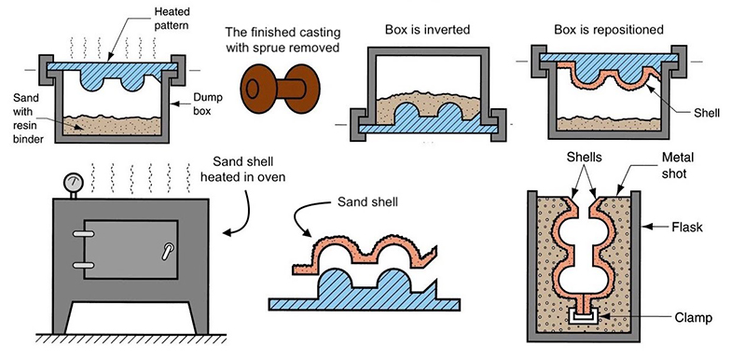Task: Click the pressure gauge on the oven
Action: [73, 181]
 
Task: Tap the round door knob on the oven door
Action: [167, 251]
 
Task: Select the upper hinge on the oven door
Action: [84, 233]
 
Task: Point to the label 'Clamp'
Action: [694, 318]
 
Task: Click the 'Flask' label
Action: [686, 228]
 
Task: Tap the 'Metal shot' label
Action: [677, 166]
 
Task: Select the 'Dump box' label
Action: [208, 104]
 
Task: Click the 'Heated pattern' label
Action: [172, 19]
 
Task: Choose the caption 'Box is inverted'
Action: [427, 30]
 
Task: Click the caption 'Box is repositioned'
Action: [609, 30]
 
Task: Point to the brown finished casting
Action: [280, 89]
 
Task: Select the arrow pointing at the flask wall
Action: [655, 228]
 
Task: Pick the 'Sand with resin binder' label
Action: [25, 118]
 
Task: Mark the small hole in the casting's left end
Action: [252, 89]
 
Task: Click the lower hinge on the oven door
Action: [84, 265]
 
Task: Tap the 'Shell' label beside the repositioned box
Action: [707, 113]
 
